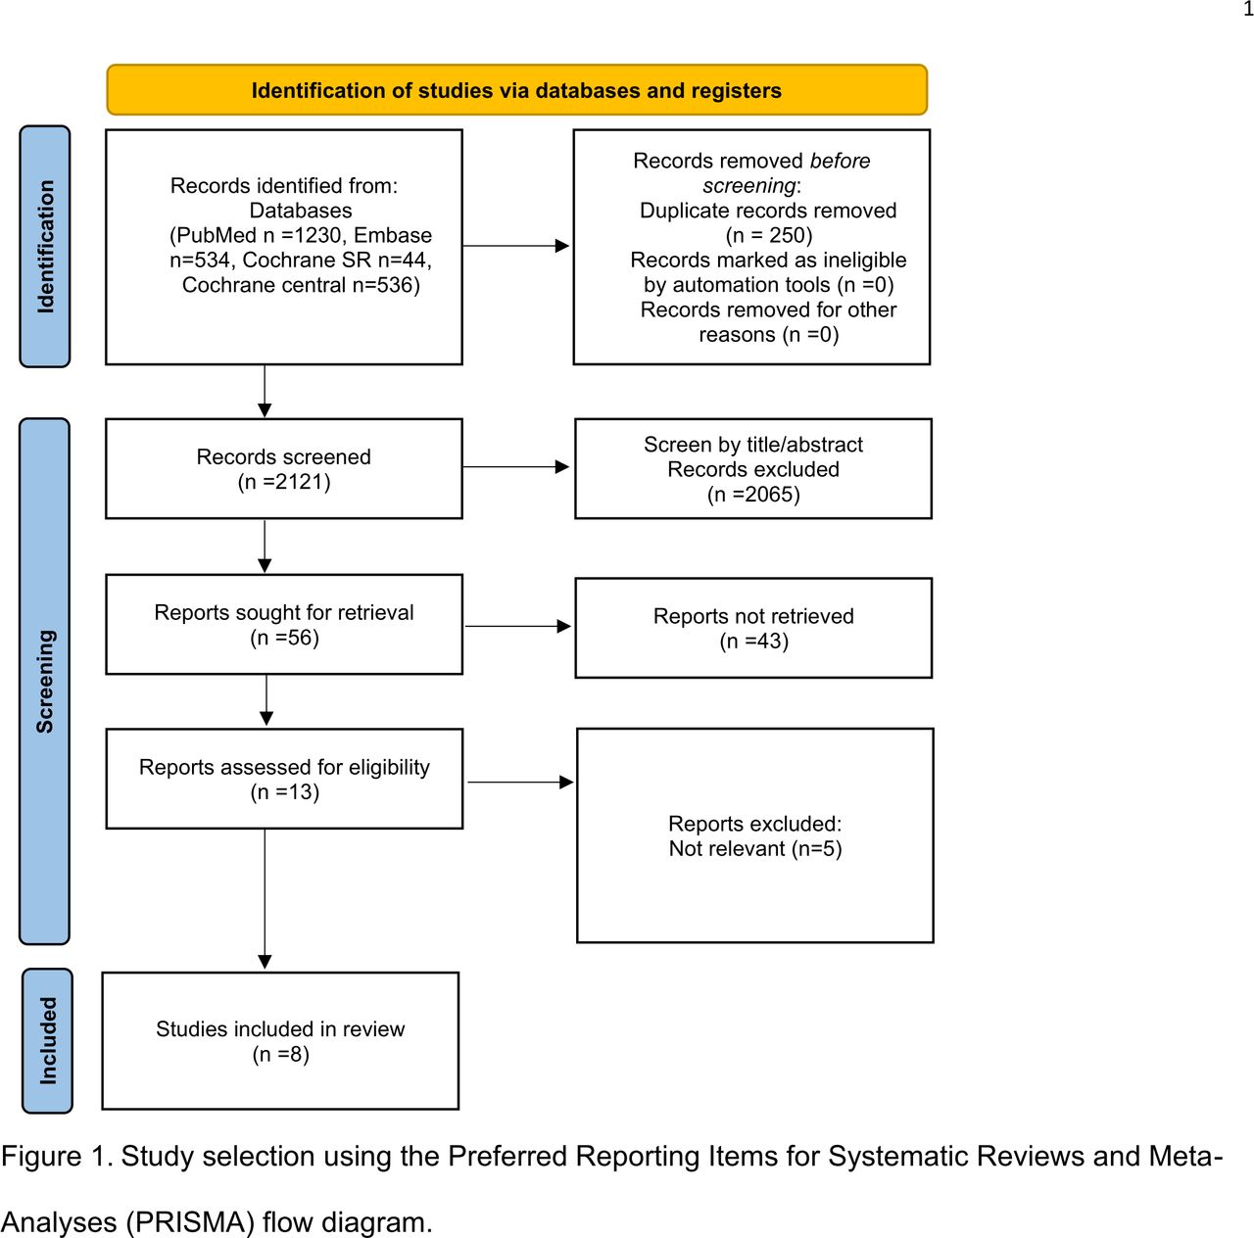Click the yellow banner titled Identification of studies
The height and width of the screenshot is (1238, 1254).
click(516, 90)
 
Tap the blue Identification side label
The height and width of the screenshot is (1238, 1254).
click(45, 246)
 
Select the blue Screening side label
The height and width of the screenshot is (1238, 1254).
click(44, 681)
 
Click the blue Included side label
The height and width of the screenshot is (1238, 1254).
click(47, 1040)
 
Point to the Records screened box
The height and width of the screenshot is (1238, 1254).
click(284, 468)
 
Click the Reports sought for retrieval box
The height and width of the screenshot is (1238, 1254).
click(284, 624)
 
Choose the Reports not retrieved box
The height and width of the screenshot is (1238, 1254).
click(753, 628)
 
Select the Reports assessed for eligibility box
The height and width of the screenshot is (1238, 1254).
click(284, 779)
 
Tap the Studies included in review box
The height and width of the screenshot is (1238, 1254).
click(280, 1041)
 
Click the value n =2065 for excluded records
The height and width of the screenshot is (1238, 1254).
click(753, 494)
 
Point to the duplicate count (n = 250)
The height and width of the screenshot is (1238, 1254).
click(768, 235)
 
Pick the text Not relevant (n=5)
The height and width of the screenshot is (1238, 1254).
click(755, 849)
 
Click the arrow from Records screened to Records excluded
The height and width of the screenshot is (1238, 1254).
click(516, 466)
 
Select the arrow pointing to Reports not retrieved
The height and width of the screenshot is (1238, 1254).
click(518, 626)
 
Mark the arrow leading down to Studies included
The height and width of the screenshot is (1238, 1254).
click(265, 899)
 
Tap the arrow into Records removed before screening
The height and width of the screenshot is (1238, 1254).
click(516, 246)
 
